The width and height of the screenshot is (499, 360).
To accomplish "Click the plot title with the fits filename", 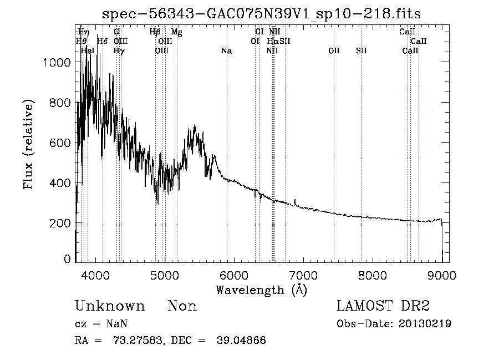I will coord(262,14).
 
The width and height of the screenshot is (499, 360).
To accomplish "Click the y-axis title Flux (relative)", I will coord(28,144).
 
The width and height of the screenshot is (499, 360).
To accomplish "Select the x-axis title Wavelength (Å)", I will coord(261,290).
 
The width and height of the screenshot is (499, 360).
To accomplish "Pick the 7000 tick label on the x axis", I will coord(303,275).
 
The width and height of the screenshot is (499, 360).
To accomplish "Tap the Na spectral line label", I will coord(226,51).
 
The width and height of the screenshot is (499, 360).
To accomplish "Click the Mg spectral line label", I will coord(176,32).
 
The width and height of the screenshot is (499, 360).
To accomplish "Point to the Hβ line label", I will coord(155,32).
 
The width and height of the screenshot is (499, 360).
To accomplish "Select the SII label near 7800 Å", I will coord(361,51).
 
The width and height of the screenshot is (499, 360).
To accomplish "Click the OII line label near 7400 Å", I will coord(334,51).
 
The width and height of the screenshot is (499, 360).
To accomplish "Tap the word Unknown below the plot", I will coord(110,307).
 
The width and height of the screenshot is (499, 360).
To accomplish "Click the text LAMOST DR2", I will coord(383,307).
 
